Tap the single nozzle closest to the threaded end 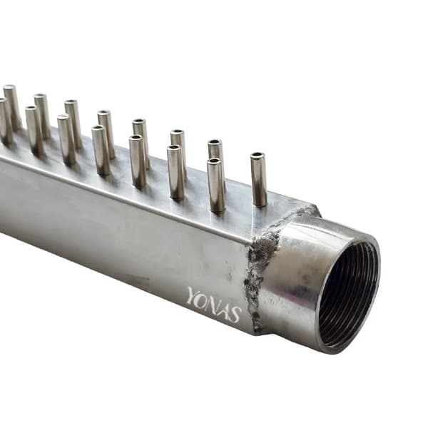[259, 179]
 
